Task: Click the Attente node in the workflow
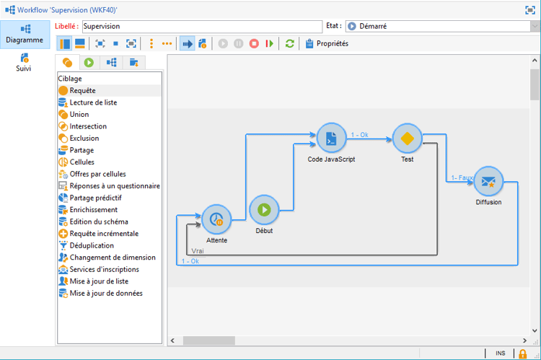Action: click(216, 219)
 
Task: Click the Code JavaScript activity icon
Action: click(331, 138)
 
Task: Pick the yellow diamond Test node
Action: click(407, 138)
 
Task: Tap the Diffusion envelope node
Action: click(488, 181)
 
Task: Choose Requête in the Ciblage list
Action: click(82, 90)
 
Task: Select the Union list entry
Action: click(79, 114)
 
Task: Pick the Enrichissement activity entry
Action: click(93, 209)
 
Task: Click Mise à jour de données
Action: click(105, 293)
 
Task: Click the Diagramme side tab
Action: click(24, 33)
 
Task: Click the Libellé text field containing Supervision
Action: click(201, 26)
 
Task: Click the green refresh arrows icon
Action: click(290, 43)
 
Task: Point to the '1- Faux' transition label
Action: click(462, 177)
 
